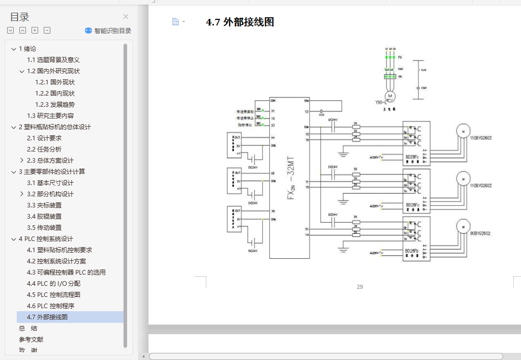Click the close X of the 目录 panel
[x=126, y=17]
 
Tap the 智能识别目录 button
[x=108, y=31]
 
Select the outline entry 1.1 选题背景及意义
[x=53, y=60]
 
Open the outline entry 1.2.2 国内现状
[x=55, y=94]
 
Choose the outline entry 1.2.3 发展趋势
[x=55, y=105]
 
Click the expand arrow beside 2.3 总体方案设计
[x=22, y=161]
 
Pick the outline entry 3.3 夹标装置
[x=44, y=205]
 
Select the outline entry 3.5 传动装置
[x=44, y=228]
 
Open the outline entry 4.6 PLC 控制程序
[x=52, y=306]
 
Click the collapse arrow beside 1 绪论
[x=14, y=49]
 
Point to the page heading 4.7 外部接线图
[x=240, y=22]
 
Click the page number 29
[x=360, y=287]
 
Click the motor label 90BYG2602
[x=480, y=233]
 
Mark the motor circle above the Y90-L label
[x=390, y=95]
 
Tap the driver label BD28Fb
[x=412, y=251]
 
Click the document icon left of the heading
[x=175, y=22]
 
